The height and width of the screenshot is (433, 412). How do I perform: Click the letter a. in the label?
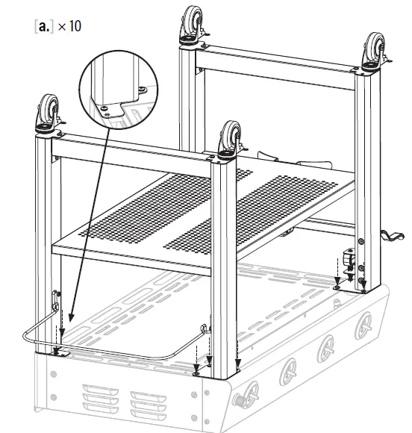(x=44, y=27)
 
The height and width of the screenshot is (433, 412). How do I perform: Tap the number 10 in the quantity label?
(x=75, y=26)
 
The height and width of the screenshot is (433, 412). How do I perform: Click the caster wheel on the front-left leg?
(x=49, y=113)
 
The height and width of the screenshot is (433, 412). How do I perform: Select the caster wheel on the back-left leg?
(x=193, y=25)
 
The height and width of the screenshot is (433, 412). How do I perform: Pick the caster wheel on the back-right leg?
(x=375, y=52)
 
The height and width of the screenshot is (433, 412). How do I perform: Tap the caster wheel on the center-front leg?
(x=231, y=140)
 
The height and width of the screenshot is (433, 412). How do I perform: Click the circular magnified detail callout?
(x=119, y=89)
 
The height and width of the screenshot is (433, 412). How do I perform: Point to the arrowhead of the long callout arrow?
(x=71, y=318)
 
